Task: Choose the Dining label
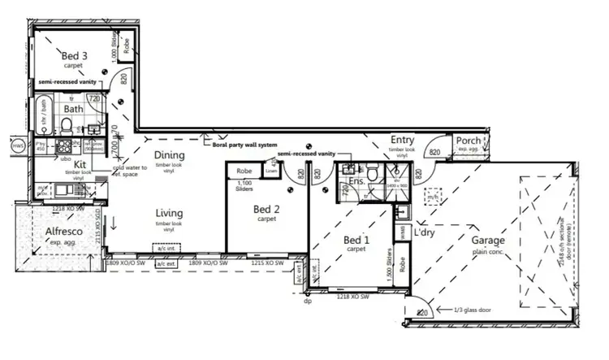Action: (x=170, y=155)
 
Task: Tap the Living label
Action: (x=169, y=214)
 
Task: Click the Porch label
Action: (x=469, y=141)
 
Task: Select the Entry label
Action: (x=403, y=141)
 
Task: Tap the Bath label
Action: (x=74, y=108)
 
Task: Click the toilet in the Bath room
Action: (x=66, y=125)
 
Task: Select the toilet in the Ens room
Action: (x=371, y=174)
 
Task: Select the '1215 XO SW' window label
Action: (x=267, y=263)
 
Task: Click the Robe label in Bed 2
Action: (x=243, y=171)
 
